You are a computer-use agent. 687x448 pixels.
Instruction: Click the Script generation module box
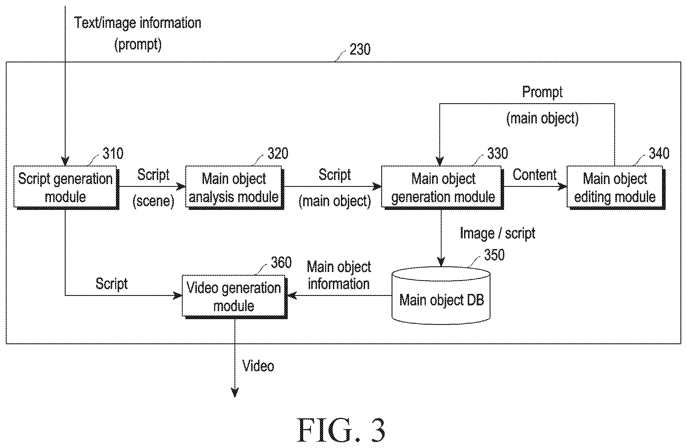point(66,187)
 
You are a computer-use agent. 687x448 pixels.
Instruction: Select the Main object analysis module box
point(234,187)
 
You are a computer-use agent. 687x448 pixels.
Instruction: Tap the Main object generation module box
point(442,187)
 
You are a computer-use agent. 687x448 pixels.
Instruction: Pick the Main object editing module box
point(616,187)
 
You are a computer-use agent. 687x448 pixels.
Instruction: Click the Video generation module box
point(234,297)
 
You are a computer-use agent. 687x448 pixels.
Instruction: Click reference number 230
point(360,49)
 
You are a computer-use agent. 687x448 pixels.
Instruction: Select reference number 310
point(113,153)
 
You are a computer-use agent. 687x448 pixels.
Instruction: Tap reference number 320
point(278,153)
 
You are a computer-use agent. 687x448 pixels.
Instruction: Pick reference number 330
point(497,153)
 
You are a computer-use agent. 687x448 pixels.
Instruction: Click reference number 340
point(659,153)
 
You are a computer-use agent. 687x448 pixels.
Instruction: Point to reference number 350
point(494,255)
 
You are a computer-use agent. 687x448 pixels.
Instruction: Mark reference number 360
point(281,263)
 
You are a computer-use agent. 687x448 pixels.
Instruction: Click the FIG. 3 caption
point(341,430)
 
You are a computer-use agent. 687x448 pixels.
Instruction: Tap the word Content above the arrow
point(534,175)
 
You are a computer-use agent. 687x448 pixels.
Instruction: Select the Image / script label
point(497,233)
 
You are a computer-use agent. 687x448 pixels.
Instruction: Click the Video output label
point(258,366)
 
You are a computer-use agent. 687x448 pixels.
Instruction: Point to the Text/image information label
point(138,23)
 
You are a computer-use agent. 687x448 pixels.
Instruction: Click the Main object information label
point(339,275)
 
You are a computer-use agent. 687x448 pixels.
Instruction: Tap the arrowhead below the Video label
point(235,393)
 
